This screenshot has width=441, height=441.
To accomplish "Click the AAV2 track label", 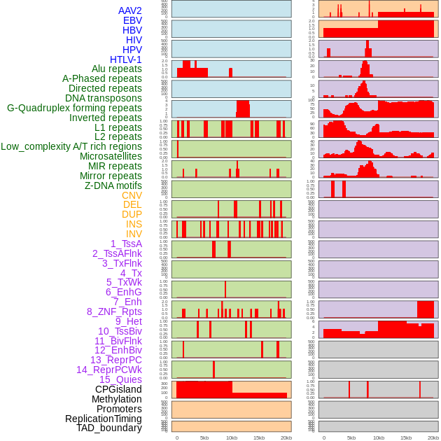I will pyautogui.click(x=130, y=10).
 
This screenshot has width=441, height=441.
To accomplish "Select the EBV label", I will pyautogui.click(x=132, y=20).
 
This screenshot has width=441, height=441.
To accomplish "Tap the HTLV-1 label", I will pyautogui.click(x=126, y=59).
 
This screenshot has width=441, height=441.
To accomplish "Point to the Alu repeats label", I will pyautogui.click(x=117, y=69).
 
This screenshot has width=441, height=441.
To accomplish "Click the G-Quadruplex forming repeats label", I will pyautogui.click(x=74, y=108).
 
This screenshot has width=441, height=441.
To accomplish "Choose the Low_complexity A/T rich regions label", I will pyautogui.click(x=71, y=146).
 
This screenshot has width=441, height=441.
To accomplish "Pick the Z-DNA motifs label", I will pyautogui.click(x=113, y=185).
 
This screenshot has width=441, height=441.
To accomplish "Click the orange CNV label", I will pyautogui.click(x=132, y=195).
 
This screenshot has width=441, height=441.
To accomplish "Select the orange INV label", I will pyautogui.click(x=134, y=234).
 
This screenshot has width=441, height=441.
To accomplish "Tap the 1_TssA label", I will pyautogui.click(x=126, y=244).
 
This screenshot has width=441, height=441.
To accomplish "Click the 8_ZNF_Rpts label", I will pyautogui.click(x=114, y=311).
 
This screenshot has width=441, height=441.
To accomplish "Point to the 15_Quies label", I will pyautogui.click(x=120, y=379).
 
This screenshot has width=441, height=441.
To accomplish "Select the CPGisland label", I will pyautogui.click(x=118, y=389).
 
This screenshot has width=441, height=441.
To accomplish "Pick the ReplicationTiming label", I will pyautogui.click(x=104, y=419).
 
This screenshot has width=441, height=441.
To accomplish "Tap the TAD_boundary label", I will pyautogui.click(x=109, y=428).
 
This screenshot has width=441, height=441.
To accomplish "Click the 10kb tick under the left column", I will pyautogui.click(x=231, y=437).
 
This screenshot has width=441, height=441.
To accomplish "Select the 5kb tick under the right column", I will pyautogui.click(x=351, y=437).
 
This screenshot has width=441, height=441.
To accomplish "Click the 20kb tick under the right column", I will pyautogui.click(x=433, y=437).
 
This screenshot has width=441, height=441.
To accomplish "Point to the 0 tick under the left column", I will pyautogui.click(x=176, y=437).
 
